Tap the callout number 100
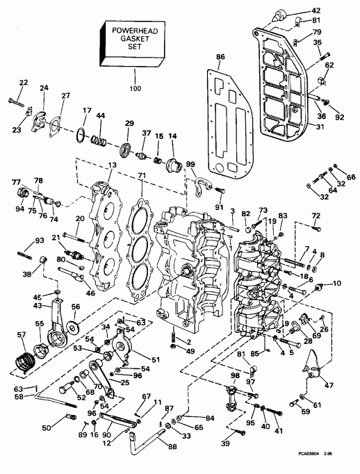[x=134, y=89]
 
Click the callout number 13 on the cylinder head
[x=112, y=165]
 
